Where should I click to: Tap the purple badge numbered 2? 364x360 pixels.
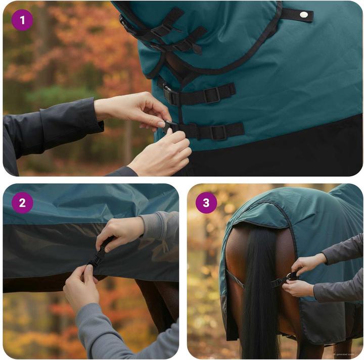point(22,203)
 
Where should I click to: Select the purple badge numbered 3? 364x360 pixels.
point(206,203)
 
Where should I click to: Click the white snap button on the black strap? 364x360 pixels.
point(303,15)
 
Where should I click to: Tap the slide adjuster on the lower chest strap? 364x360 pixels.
point(219,132)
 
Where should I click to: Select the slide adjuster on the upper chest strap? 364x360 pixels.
point(212,94)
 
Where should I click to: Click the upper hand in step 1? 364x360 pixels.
point(134,109)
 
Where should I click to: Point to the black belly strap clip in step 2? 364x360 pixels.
point(99,255)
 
